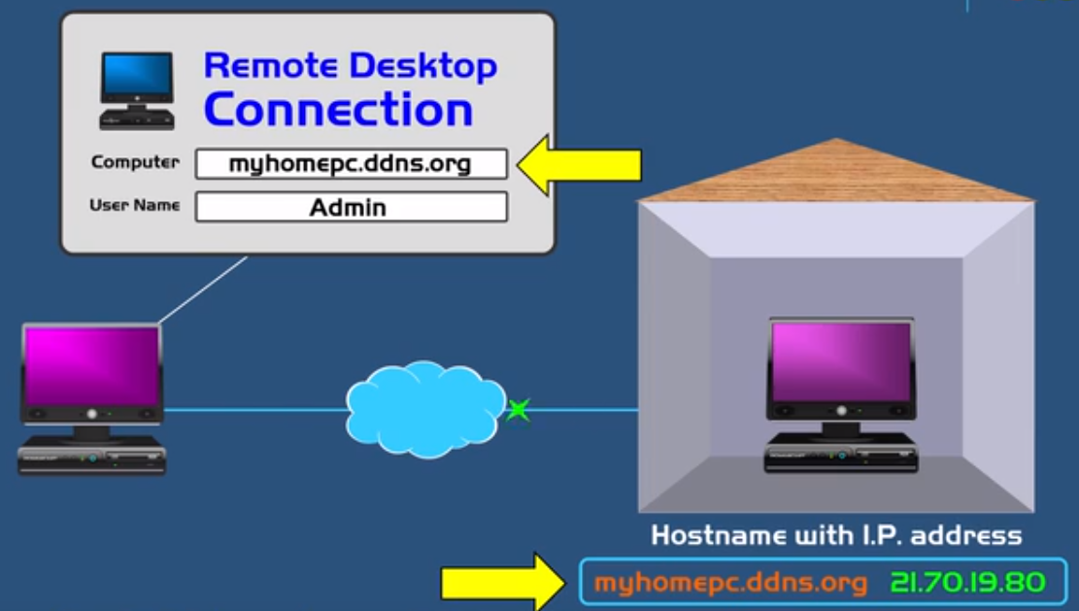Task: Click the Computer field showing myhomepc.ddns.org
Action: [x=351, y=164]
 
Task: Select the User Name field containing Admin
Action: [x=351, y=207]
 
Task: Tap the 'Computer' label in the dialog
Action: [x=135, y=162]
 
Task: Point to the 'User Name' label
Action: [x=134, y=205]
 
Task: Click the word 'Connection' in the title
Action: [x=338, y=110]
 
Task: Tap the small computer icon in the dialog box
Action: [x=137, y=90]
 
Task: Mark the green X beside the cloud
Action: [x=519, y=410]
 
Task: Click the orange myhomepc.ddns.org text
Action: [x=730, y=583]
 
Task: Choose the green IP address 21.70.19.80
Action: [x=966, y=583]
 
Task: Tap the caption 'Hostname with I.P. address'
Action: [x=836, y=535]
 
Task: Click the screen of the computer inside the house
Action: [x=841, y=361]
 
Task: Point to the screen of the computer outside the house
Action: [x=92, y=364]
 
